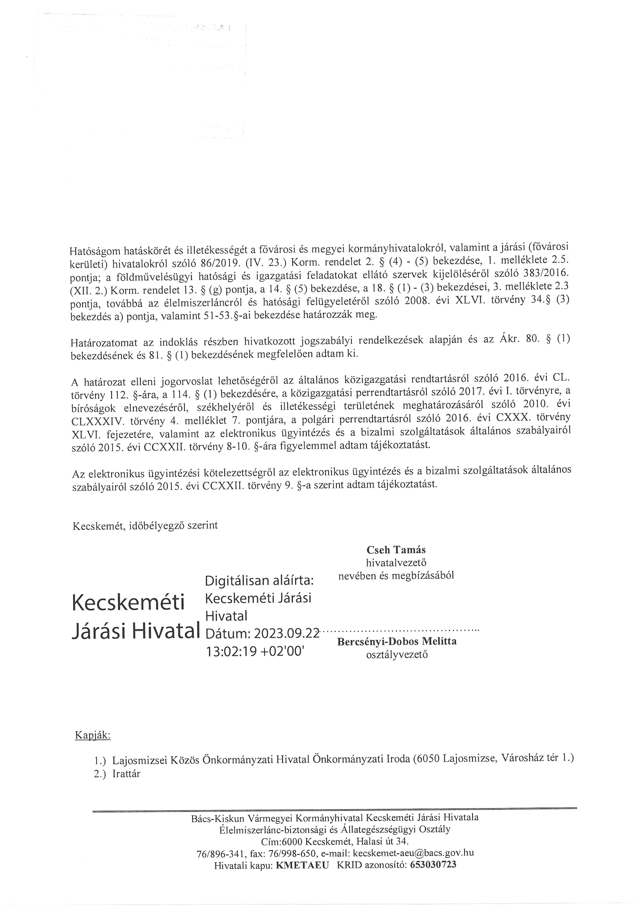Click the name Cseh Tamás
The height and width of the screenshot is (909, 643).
396,550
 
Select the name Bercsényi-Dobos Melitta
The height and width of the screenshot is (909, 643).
397,641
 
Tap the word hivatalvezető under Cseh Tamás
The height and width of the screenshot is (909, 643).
396,562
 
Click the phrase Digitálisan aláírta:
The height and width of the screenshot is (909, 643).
259,581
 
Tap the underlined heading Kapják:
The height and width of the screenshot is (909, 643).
93,736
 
